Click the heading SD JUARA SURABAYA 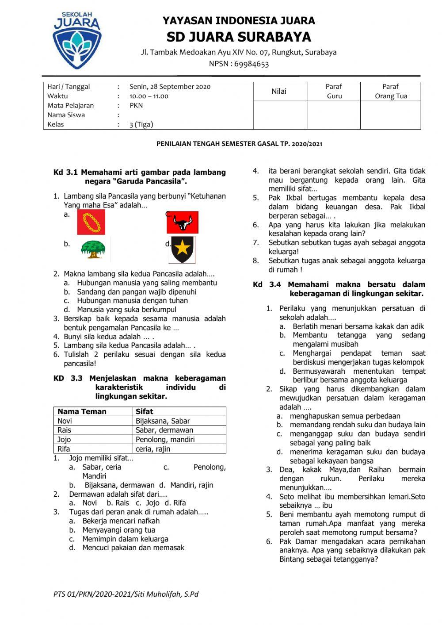coord(239,37)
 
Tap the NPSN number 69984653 coord(251,64)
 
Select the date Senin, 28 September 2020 coord(170,87)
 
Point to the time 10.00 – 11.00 coord(149,96)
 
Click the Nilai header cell coord(279,92)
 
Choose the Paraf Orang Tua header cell coord(391,92)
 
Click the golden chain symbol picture coord(91,222)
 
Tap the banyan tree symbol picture coord(93,249)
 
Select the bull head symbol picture coord(183,222)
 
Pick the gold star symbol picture coord(182,249)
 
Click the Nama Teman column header coord(82,411)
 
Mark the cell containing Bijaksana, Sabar coord(163,421)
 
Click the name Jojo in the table coord(64,439)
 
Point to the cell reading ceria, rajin coord(153,449)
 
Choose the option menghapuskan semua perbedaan coord(345,416)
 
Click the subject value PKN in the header coord(136,105)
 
